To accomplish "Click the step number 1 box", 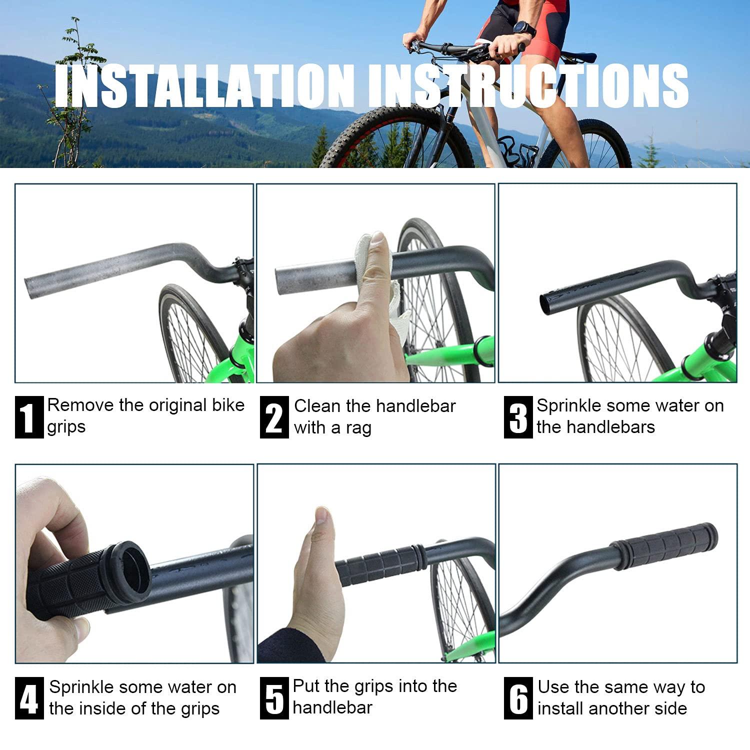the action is click(x=29, y=417).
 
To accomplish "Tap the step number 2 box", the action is click(x=274, y=417).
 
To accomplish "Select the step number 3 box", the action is click(x=518, y=417).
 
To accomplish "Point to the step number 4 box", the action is click(x=29, y=698).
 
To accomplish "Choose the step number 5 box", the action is click(x=274, y=698).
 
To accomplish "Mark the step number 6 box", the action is click(x=518, y=698).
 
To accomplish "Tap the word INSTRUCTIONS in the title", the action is click(x=528, y=85).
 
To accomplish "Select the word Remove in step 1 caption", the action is click(x=80, y=405).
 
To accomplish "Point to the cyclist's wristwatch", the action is click(x=524, y=28).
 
